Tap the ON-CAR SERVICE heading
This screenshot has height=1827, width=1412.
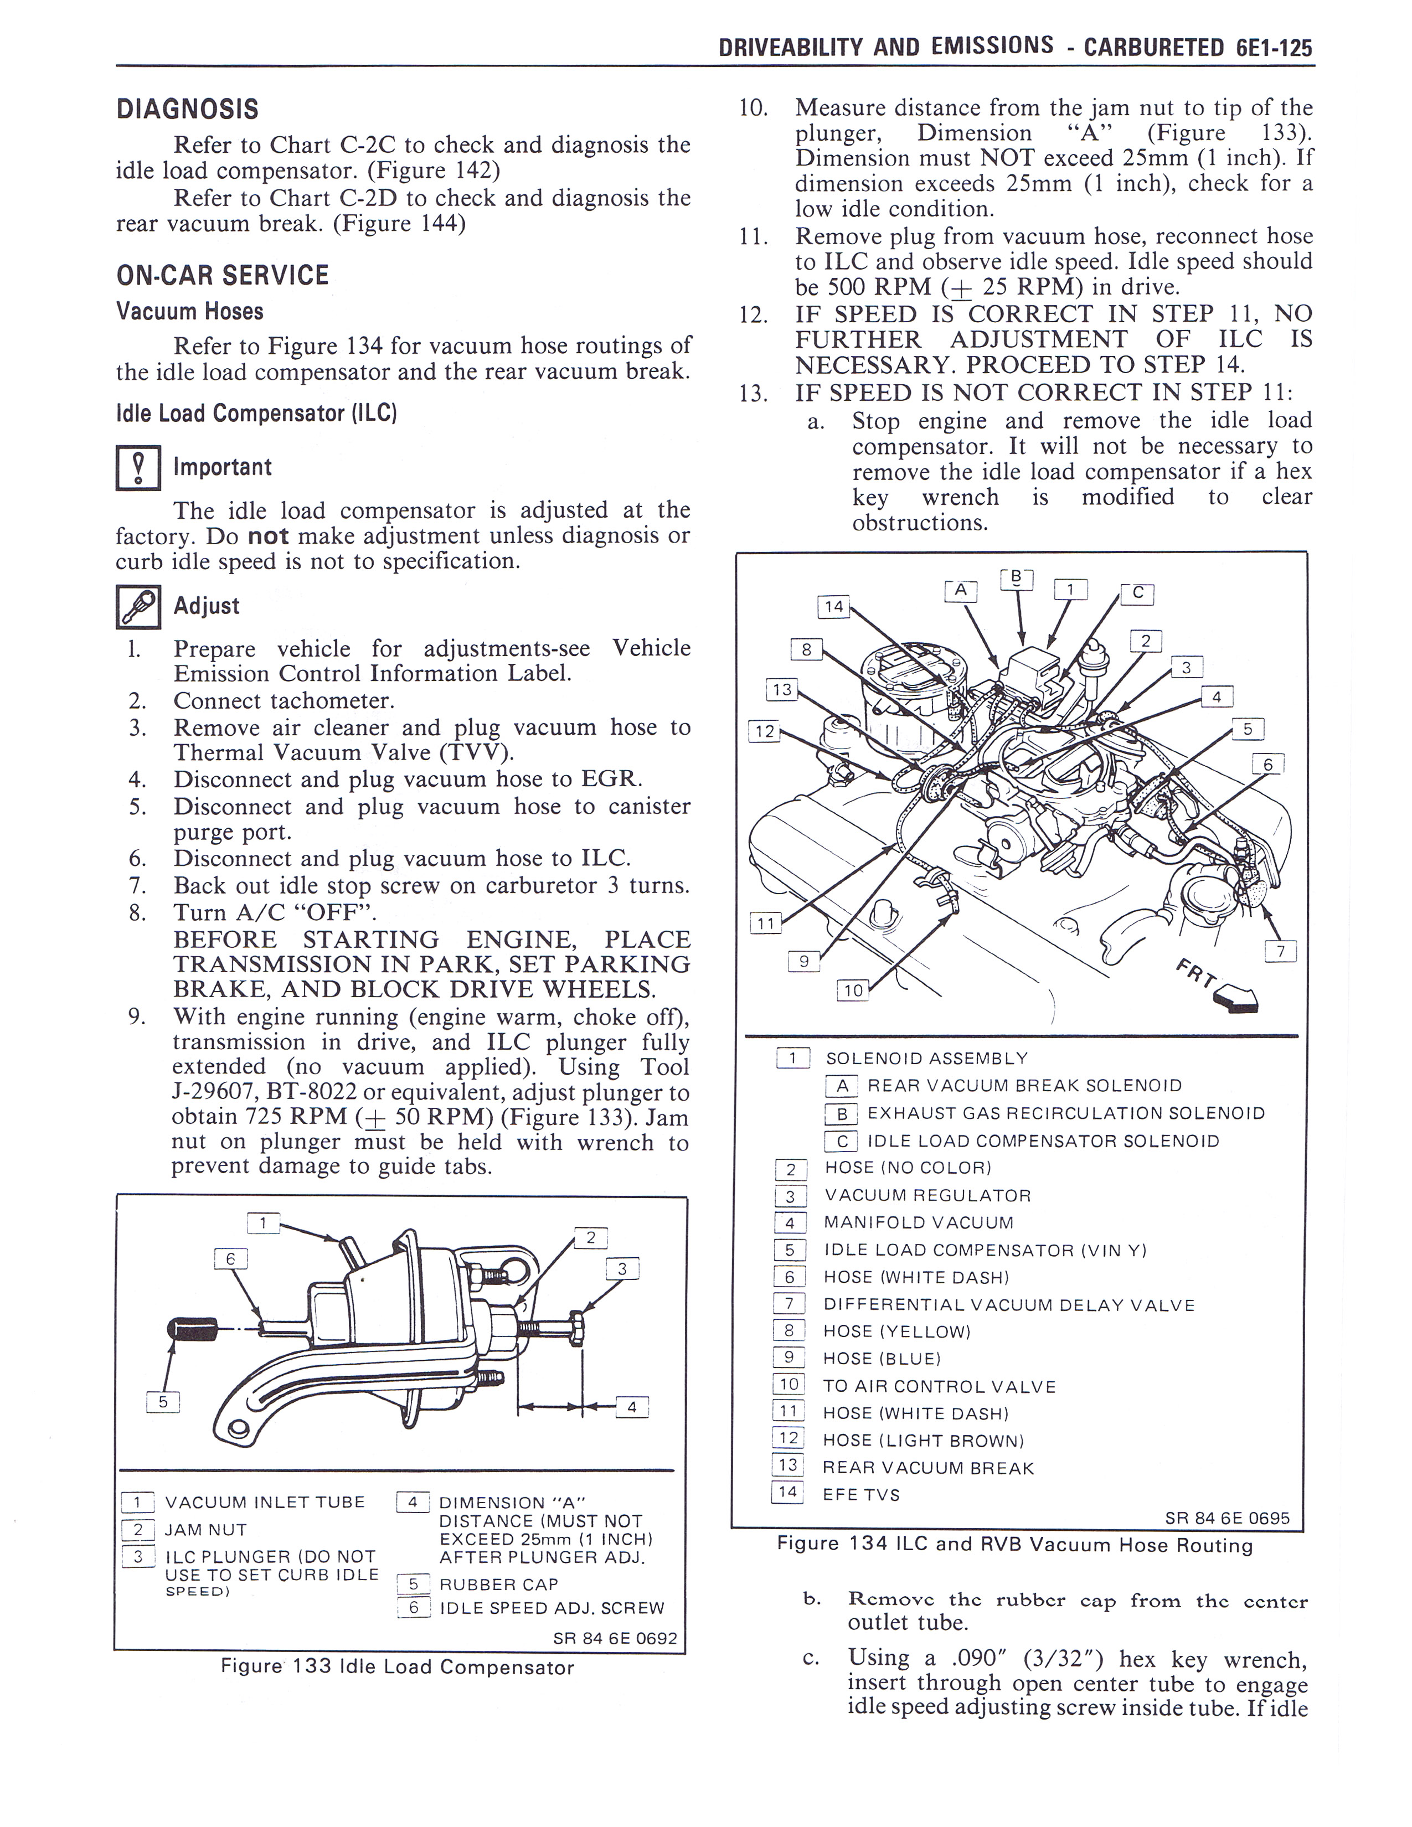[223, 275]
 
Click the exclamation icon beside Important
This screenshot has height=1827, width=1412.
[137, 468]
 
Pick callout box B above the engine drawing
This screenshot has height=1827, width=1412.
[1016, 578]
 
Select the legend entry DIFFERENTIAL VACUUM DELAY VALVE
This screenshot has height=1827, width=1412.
[1009, 1305]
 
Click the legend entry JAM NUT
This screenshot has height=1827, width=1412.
[206, 1530]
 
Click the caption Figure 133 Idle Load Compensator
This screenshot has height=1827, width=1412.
[398, 1667]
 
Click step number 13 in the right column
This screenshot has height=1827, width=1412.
[753, 393]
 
